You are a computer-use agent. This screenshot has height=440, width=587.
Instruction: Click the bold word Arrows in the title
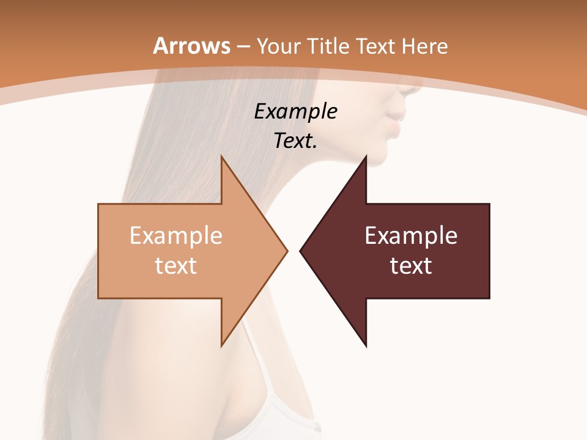(192, 46)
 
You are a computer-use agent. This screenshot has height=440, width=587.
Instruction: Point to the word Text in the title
(378, 46)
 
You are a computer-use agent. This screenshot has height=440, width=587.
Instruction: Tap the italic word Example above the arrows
(296, 111)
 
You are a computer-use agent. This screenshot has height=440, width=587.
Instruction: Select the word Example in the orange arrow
(176, 235)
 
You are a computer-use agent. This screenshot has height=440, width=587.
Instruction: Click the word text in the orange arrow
(176, 265)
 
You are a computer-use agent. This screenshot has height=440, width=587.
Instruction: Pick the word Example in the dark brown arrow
(411, 235)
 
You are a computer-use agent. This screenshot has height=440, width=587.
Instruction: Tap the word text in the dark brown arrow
(411, 265)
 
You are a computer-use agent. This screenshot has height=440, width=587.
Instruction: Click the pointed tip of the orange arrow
(286, 251)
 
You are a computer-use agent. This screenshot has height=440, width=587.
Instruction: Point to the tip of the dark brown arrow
(301, 251)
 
